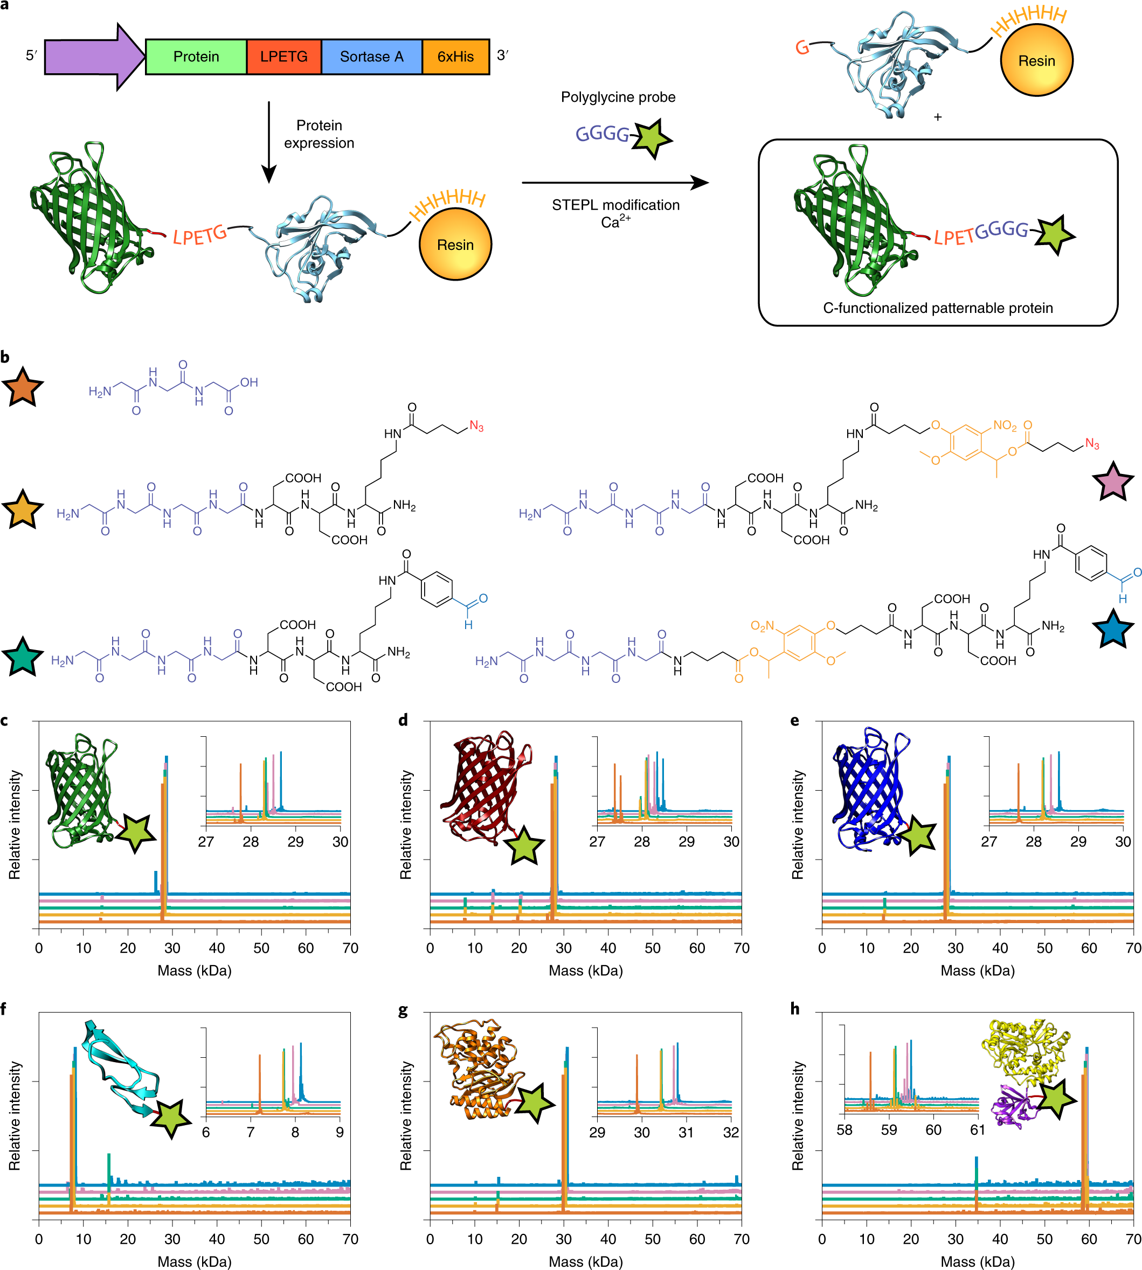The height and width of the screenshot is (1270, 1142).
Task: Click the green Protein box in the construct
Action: (x=196, y=57)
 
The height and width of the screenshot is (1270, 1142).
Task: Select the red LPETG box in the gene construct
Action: (x=283, y=57)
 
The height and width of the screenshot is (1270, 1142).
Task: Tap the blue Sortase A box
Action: (x=371, y=57)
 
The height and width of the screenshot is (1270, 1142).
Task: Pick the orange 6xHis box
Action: (x=455, y=57)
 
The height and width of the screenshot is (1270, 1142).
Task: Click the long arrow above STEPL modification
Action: (x=615, y=183)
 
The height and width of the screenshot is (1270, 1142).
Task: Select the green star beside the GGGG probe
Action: (x=653, y=137)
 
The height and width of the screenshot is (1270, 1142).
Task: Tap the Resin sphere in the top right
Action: (x=1036, y=60)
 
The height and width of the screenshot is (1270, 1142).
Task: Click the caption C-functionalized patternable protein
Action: (x=937, y=308)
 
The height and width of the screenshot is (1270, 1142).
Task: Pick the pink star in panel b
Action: (x=1113, y=481)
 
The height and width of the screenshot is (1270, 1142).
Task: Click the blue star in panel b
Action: (x=1113, y=629)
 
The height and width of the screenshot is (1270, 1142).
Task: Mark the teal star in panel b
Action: (x=23, y=657)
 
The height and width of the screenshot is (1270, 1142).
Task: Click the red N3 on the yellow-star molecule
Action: (x=476, y=427)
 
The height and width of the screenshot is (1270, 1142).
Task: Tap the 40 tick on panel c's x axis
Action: (x=217, y=947)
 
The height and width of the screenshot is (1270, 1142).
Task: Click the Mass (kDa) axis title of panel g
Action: (x=585, y=1261)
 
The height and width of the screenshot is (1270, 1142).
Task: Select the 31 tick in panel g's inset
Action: (x=686, y=1132)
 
